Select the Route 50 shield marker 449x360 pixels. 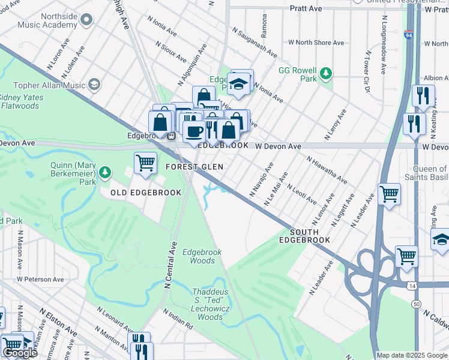[x=416, y=304]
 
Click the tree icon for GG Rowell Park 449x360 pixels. [x=326, y=73]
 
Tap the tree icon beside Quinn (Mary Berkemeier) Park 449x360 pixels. [x=106, y=173]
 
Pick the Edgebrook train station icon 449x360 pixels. [x=171, y=136]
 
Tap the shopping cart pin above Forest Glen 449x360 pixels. [x=145, y=161]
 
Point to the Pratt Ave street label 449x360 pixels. [x=306, y=9]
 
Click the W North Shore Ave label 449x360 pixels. [x=316, y=43]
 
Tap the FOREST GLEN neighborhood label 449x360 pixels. [x=194, y=167]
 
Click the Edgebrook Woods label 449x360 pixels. [x=199, y=256]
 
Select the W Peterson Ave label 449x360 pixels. [x=40, y=280]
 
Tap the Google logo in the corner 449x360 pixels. [x=20, y=353]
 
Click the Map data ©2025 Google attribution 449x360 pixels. [x=411, y=355]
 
